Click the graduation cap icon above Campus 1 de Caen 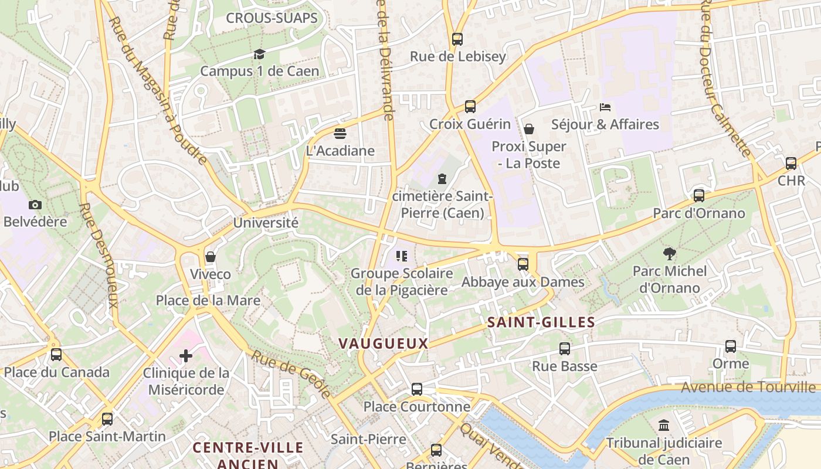[259, 55]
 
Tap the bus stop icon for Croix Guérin [470, 107]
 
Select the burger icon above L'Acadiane [340, 134]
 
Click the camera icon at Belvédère [35, 205]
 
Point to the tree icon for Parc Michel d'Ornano [669, 254]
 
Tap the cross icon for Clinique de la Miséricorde [186, 356]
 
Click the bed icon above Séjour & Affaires [605, 107]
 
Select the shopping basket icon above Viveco [211, 257]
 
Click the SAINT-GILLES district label [541, 322]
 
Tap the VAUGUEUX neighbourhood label [384, 344]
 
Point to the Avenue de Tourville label [748, 387]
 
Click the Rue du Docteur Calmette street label [725, 79]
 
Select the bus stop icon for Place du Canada [56, 355]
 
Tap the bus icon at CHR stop [791, 164]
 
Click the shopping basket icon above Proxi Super [529, 129]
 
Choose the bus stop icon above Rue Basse [564, 349]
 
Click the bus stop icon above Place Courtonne [416, 389]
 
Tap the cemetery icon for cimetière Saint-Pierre [442, 178]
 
